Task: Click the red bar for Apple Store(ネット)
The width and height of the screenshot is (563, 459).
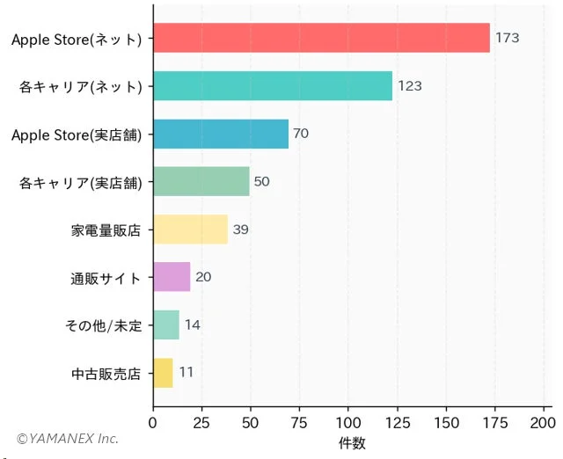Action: click(321, 38)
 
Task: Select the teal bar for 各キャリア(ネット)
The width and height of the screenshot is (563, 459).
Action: click(273, 86)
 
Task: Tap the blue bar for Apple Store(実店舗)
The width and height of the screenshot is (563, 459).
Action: click(221, 134)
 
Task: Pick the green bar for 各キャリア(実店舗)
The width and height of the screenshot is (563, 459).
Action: click(201, 181)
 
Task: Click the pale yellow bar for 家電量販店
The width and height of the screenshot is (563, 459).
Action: click(190, 229)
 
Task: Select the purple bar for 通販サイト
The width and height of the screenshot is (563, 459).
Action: click(172, 277)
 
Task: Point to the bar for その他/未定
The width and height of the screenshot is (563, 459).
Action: click(166, 324)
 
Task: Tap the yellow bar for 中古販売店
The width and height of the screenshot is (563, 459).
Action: click(163, 373)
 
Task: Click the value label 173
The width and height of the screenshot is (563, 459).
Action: click(508, 38)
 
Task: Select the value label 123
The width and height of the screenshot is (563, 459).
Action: click(410, 86)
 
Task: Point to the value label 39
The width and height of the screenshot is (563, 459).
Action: click(240, 229)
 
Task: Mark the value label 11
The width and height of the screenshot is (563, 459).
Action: click(186, 373)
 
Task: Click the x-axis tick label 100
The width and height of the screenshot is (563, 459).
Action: click(348, 423)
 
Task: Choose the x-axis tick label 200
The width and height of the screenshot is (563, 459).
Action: click(544, 423)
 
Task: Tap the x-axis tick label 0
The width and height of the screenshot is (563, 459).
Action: click(153, 423)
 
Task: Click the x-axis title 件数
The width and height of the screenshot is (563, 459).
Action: click(352, 443)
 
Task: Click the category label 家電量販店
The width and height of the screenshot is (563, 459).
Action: click(106, 230)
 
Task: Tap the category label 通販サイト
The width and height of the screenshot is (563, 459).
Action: click(106, 278)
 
